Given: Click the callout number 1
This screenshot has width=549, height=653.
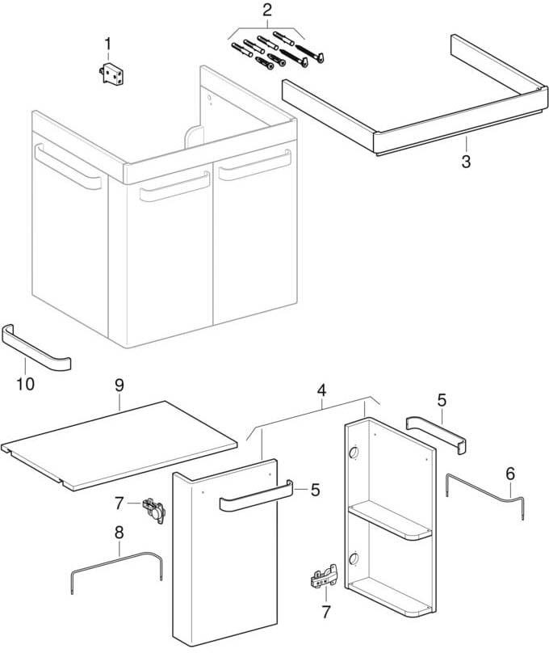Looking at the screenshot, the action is [x=107, y=44].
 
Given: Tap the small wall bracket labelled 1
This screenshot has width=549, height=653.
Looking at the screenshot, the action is [x=113, y=74].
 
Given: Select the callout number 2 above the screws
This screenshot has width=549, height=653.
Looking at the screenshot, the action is [x=267, y=10].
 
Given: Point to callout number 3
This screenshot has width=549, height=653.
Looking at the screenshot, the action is [x=466, y=162].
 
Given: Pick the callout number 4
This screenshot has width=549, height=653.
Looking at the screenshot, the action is [x=321, y=390].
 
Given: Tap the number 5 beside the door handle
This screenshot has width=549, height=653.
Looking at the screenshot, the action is [x=316, y=491].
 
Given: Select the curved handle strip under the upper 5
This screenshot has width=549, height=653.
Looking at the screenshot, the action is [x=436, y=435].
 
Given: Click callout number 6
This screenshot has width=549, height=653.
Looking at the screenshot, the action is [x=510, y=474].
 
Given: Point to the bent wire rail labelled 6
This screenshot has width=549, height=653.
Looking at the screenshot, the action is [x=485, y=491].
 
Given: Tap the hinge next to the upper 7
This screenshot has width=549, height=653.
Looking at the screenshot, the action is [x=154, y=509].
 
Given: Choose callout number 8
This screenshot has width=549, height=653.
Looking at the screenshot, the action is [x=119, y=533].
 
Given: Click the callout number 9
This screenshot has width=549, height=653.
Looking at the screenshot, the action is [x=119, y=385].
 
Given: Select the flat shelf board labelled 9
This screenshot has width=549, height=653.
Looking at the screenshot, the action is [x=119, y=444].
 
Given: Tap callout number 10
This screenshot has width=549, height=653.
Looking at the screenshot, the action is [x=25, y=384].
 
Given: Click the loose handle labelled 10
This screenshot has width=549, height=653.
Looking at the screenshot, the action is [x=36, y=347].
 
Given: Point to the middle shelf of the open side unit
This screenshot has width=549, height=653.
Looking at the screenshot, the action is [x=390, y=520].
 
